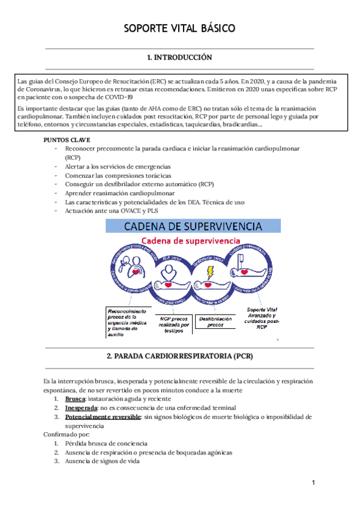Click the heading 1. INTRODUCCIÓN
pos(180,58)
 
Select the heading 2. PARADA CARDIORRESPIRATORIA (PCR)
pos(180,356)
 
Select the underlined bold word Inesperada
pos(80,408)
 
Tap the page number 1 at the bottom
pos(313,483)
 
